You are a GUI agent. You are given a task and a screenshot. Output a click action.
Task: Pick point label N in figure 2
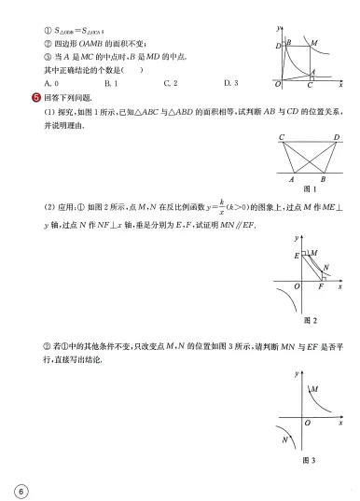click(x=324, y=267)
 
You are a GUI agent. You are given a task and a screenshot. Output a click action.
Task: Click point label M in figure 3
click(x=314, y=389)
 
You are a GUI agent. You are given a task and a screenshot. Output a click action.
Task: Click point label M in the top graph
click(x=314, y=43)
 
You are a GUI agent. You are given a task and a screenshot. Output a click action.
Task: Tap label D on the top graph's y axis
click(x=278, y=46)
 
